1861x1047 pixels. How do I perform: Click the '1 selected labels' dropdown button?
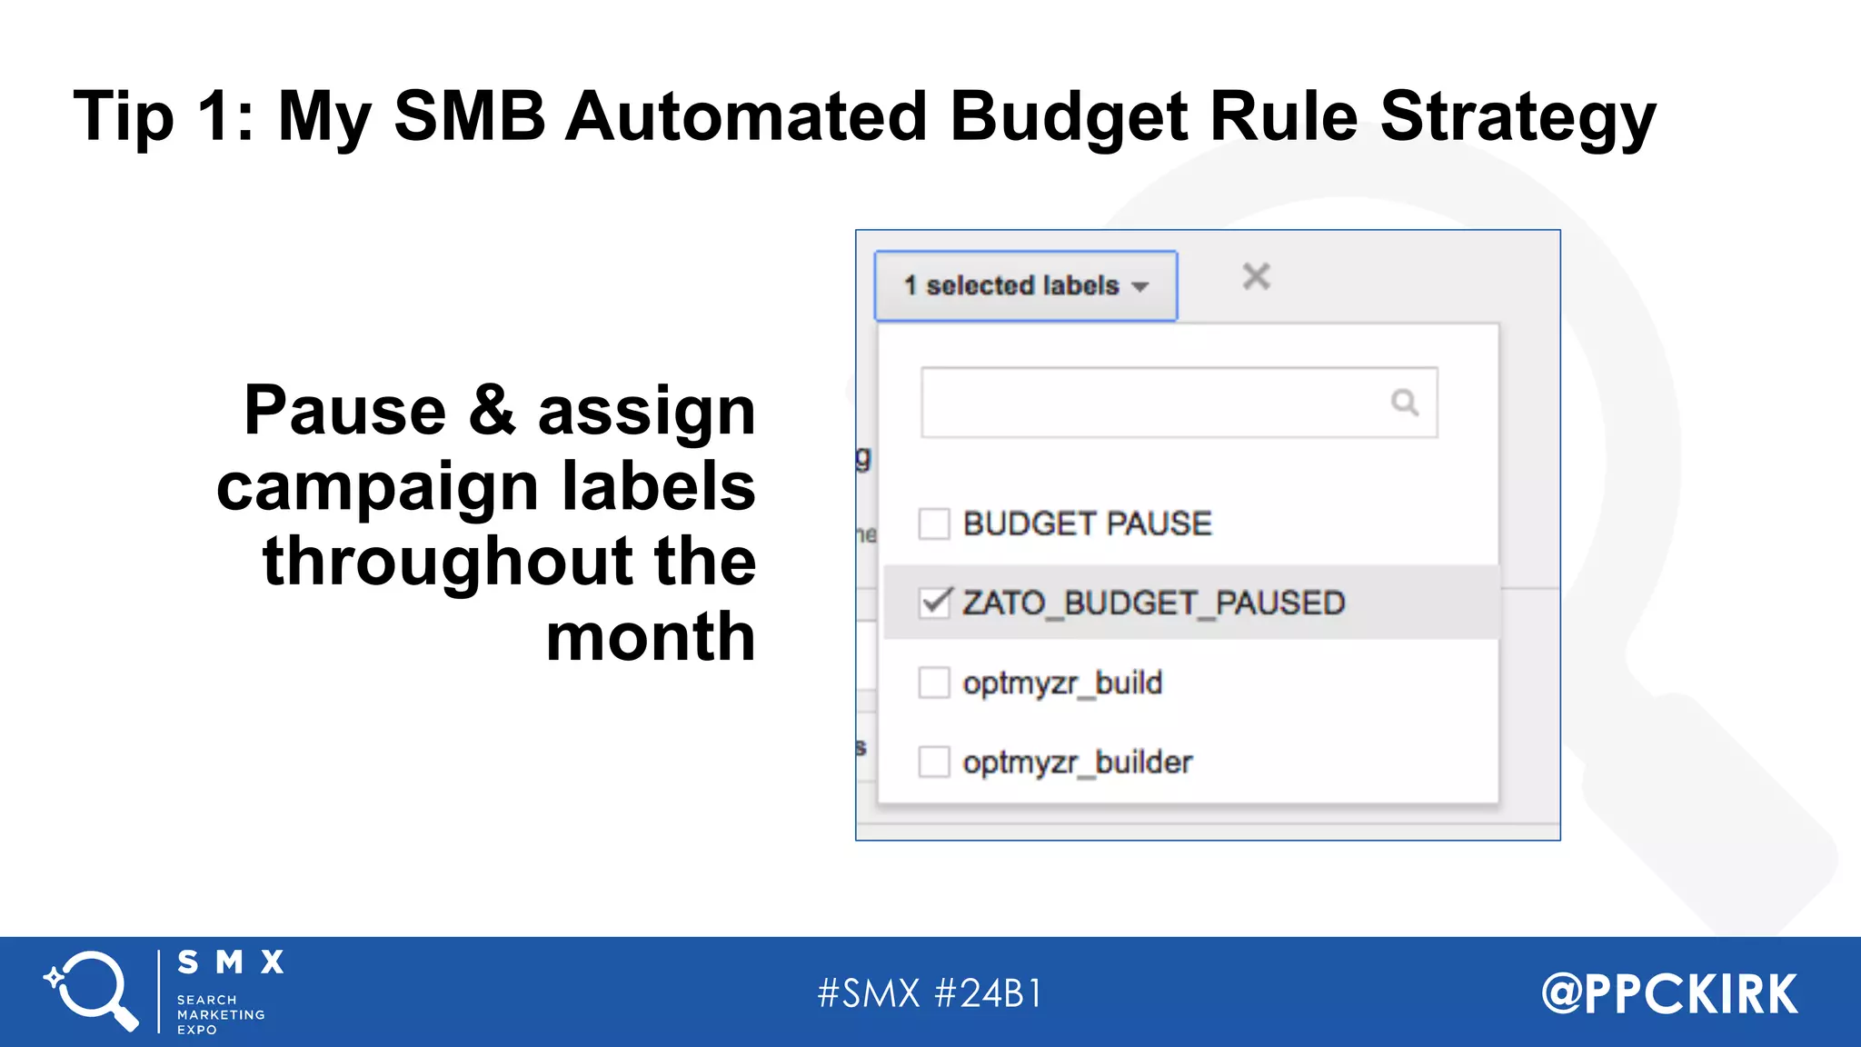[1025, 285]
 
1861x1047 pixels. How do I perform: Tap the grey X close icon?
[1257, 276]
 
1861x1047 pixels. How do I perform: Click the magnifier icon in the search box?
[1405, 402]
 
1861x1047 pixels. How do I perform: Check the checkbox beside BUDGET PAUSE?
[934, 523]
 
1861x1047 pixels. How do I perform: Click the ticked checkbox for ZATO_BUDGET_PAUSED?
[934, 602]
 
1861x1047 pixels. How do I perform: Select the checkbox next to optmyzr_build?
[934, 682]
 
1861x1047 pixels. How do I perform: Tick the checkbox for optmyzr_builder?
[934, 761]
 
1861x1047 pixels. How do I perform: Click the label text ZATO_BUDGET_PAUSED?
[1153, 603]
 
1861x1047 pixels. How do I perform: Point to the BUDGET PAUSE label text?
[1087, 523]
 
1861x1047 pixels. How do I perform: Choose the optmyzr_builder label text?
[1077, 762]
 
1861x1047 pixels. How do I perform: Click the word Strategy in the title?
[1518, 116]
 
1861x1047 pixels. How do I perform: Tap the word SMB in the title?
[469, 116]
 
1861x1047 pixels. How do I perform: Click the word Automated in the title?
[745, 116]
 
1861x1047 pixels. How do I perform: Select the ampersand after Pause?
[492, 410]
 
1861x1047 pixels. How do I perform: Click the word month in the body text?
[651, 636]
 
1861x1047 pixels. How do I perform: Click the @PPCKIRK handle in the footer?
[1669, 993]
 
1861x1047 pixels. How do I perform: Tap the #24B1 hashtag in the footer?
[989, 993]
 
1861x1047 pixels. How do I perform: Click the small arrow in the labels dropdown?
[1140, 287]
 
